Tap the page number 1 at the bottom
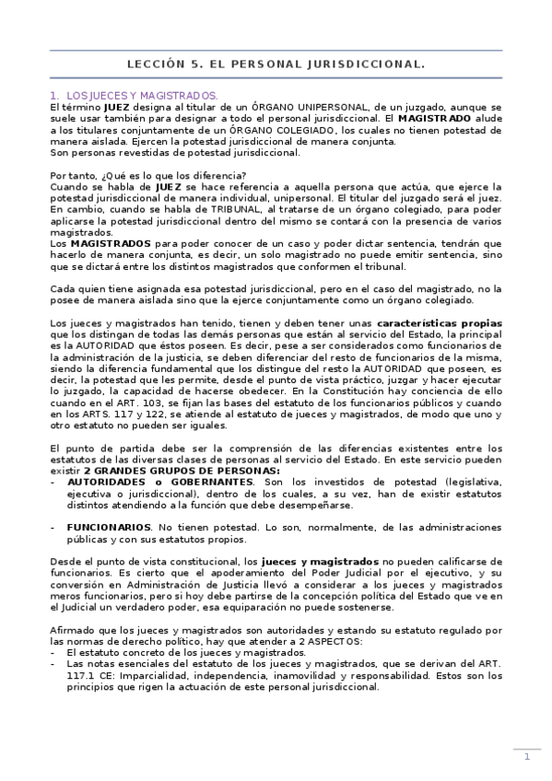pos(527,756)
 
